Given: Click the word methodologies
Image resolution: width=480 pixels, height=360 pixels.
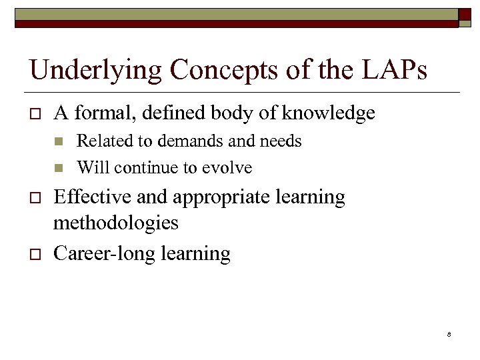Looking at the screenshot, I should pyautogui.click(x=116, y=222).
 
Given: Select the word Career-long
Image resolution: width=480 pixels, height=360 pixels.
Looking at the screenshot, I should pyautogui.click(x=99, y=254).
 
